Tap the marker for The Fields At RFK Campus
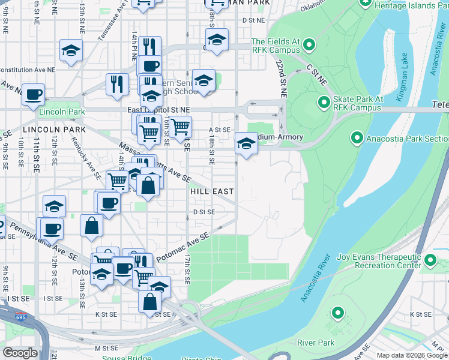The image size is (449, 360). click(x=309, y=45)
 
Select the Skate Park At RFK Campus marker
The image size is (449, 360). click(x=324, y=103)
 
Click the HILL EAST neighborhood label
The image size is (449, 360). click(x=211, y=191)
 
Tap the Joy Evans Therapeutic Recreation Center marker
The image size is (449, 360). click(x=430, y=260)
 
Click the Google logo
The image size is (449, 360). click(x=20, y=353)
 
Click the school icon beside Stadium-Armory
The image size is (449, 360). click(x=245, y=143)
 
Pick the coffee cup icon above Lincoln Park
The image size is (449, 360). click(x=33, y=94)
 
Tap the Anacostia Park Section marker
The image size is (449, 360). click(x=357, y=139)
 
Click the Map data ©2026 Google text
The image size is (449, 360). click(x=412, y=355)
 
